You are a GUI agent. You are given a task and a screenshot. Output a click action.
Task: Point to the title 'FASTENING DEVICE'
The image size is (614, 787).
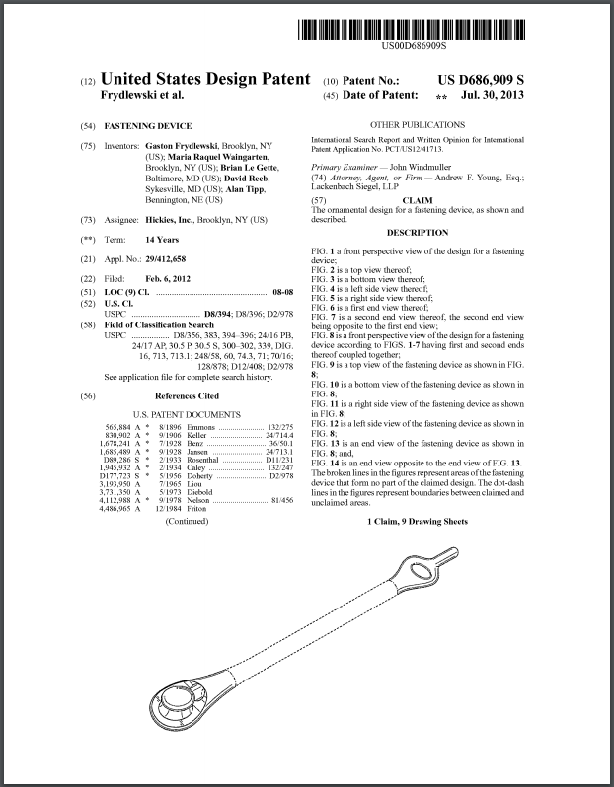point(148,126)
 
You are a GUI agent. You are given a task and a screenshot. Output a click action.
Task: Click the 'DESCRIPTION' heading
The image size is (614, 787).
point(417,233)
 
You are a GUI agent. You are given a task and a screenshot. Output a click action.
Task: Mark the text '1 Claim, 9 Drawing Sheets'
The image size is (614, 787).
point(416,521)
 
